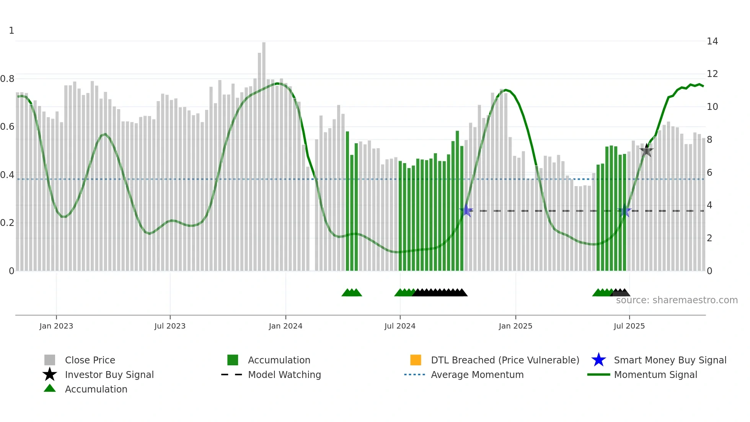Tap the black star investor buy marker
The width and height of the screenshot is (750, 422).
[x=647, y=150]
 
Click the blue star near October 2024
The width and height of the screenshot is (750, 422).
[x=466, y=211]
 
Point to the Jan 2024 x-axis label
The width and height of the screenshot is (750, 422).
[x=285, y=326]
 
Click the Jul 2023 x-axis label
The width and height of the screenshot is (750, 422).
[x=170, y=326]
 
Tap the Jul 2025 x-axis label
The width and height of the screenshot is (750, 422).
[x=629, y=326]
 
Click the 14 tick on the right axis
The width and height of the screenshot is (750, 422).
[x=712, y=41]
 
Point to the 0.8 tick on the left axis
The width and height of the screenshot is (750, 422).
[x=7, y=79]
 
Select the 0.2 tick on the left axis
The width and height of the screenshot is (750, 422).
[x=7, y=223]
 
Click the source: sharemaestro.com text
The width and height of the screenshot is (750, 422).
[x=677, y=300]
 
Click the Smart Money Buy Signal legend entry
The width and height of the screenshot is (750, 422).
[x=670, y=360]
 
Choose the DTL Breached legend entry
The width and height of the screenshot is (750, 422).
[x=505, y=360]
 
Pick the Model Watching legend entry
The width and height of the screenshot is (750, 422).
[x=284, y=375]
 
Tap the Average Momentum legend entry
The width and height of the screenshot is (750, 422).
[x=477, y=375]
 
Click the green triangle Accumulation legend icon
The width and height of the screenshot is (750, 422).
[x=50, y=389]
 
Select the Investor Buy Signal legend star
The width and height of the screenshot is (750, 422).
[x=50, y=375]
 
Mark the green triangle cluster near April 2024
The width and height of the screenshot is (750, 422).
[x=352, y=293]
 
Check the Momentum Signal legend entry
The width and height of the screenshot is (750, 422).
[x=655, y=375]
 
